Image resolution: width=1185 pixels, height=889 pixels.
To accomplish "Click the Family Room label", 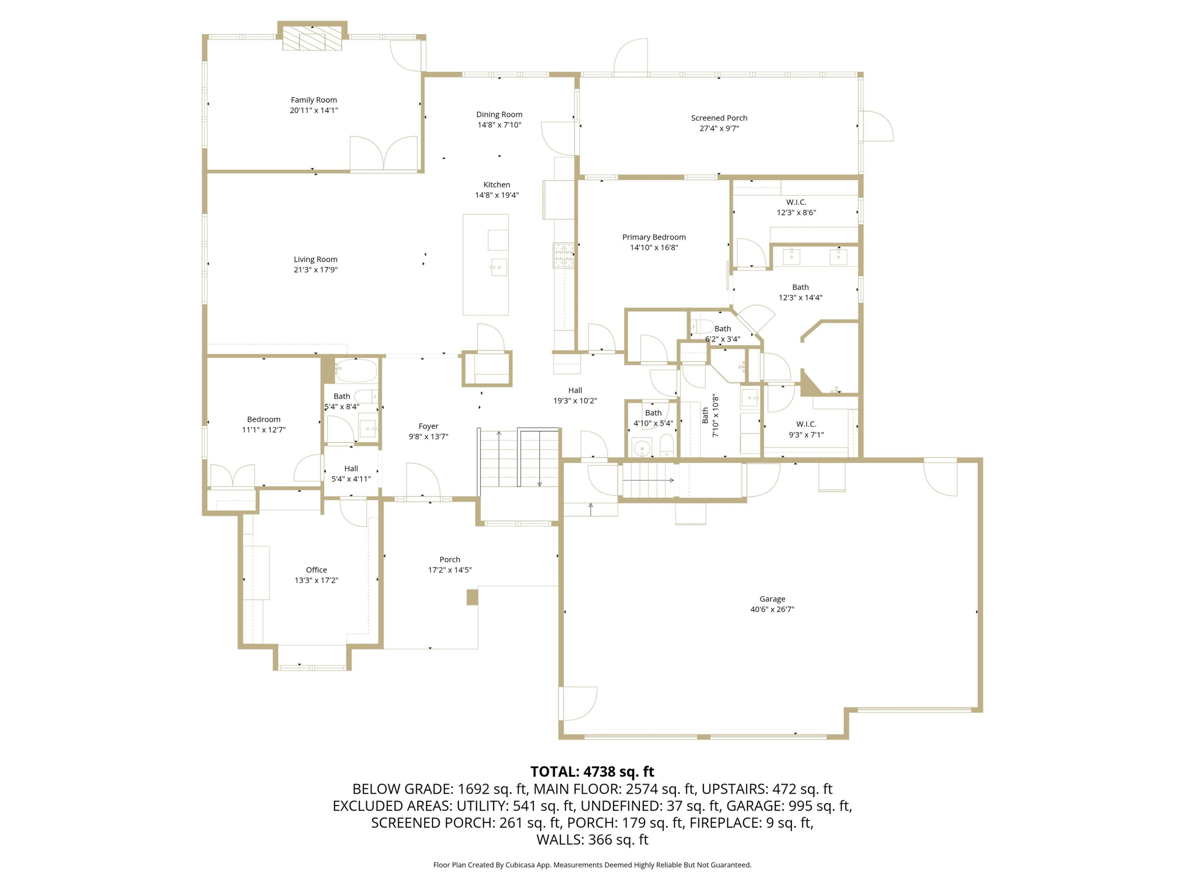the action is tap(314, 100).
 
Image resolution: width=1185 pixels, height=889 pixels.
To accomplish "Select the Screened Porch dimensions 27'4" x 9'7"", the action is tap(719, 128).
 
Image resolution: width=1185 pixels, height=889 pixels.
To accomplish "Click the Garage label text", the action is tap(772, 599).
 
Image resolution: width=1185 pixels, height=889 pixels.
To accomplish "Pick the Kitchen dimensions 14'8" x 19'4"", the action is tap(497, 195).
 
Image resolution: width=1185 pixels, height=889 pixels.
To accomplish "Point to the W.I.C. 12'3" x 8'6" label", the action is tap(796, 207).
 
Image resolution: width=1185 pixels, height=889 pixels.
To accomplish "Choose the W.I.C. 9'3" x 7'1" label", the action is tap(806, 429).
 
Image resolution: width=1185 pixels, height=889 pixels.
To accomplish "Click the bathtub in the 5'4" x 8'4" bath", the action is tap(356, 370).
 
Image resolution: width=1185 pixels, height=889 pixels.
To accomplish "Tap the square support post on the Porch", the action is tap(472, 597).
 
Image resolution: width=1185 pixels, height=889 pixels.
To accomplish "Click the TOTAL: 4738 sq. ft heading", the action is tap(592, 772).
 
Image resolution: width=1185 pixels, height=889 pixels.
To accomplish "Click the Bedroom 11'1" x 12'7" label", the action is tap(263, 424).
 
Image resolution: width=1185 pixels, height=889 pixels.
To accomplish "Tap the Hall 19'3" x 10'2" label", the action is tap(575, 396).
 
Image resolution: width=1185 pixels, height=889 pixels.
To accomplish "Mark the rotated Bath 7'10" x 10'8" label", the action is tap(710, 415).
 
